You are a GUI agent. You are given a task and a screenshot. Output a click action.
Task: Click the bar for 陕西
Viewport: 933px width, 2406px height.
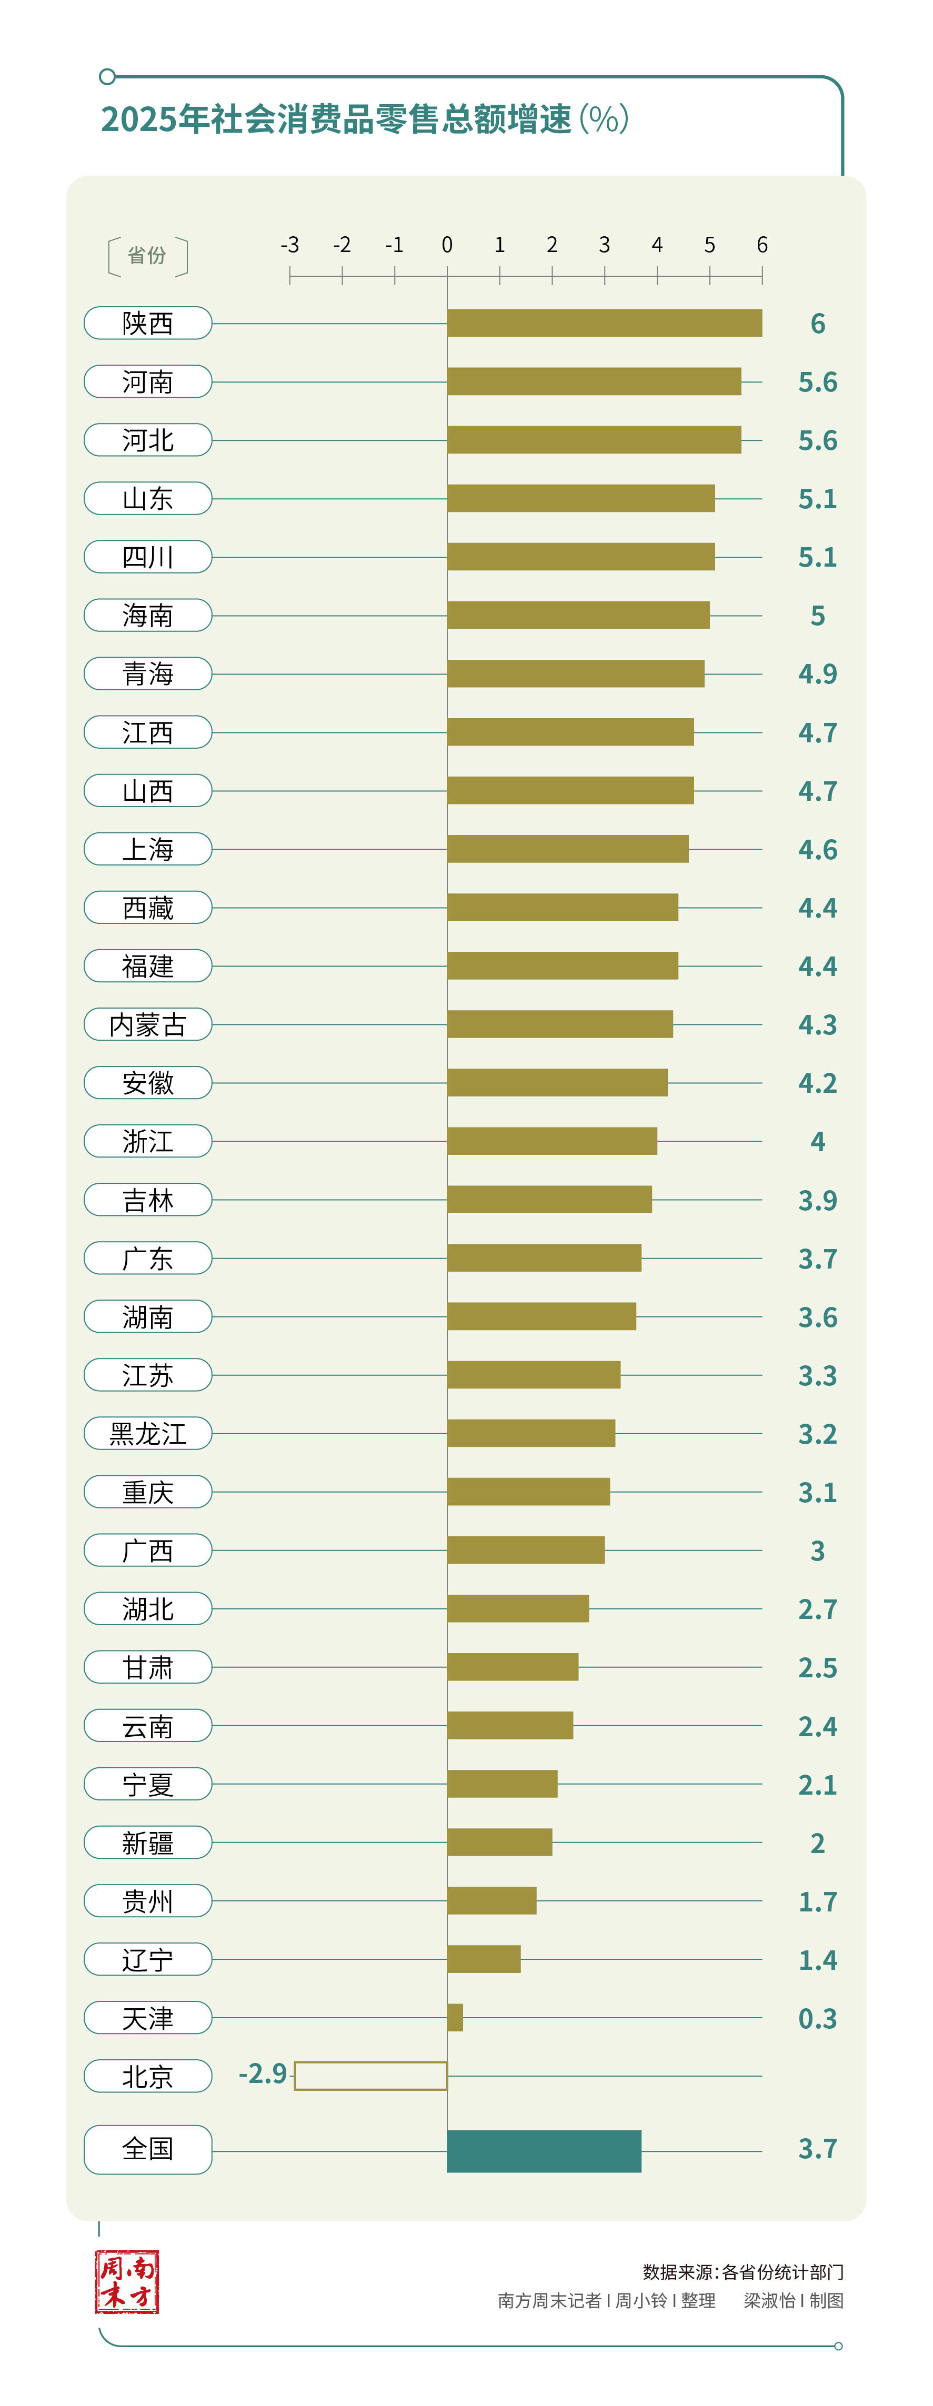tap(604, 323)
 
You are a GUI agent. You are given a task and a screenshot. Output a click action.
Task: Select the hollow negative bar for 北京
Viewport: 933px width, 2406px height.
tap(371, 2076)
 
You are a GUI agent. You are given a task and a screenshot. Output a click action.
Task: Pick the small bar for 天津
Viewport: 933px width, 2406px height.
tap(455, 2018)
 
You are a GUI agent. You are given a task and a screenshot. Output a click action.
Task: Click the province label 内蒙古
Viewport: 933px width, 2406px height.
tap(147, 1024)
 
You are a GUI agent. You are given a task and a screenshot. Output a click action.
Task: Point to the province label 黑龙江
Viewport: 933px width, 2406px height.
tap(147, 1434)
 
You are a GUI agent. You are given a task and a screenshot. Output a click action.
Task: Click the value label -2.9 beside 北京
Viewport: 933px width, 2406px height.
tap(263, 2073)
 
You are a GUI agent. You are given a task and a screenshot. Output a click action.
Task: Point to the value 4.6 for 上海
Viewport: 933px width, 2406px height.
tap(817, 850)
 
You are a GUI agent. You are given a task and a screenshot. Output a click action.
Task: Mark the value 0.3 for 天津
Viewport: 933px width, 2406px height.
tap(817, 2018)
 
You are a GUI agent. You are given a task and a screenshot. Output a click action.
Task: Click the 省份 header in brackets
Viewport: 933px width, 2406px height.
tap(147, 256)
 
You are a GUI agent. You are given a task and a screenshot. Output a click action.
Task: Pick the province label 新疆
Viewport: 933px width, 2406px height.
tap(147, 1843)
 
